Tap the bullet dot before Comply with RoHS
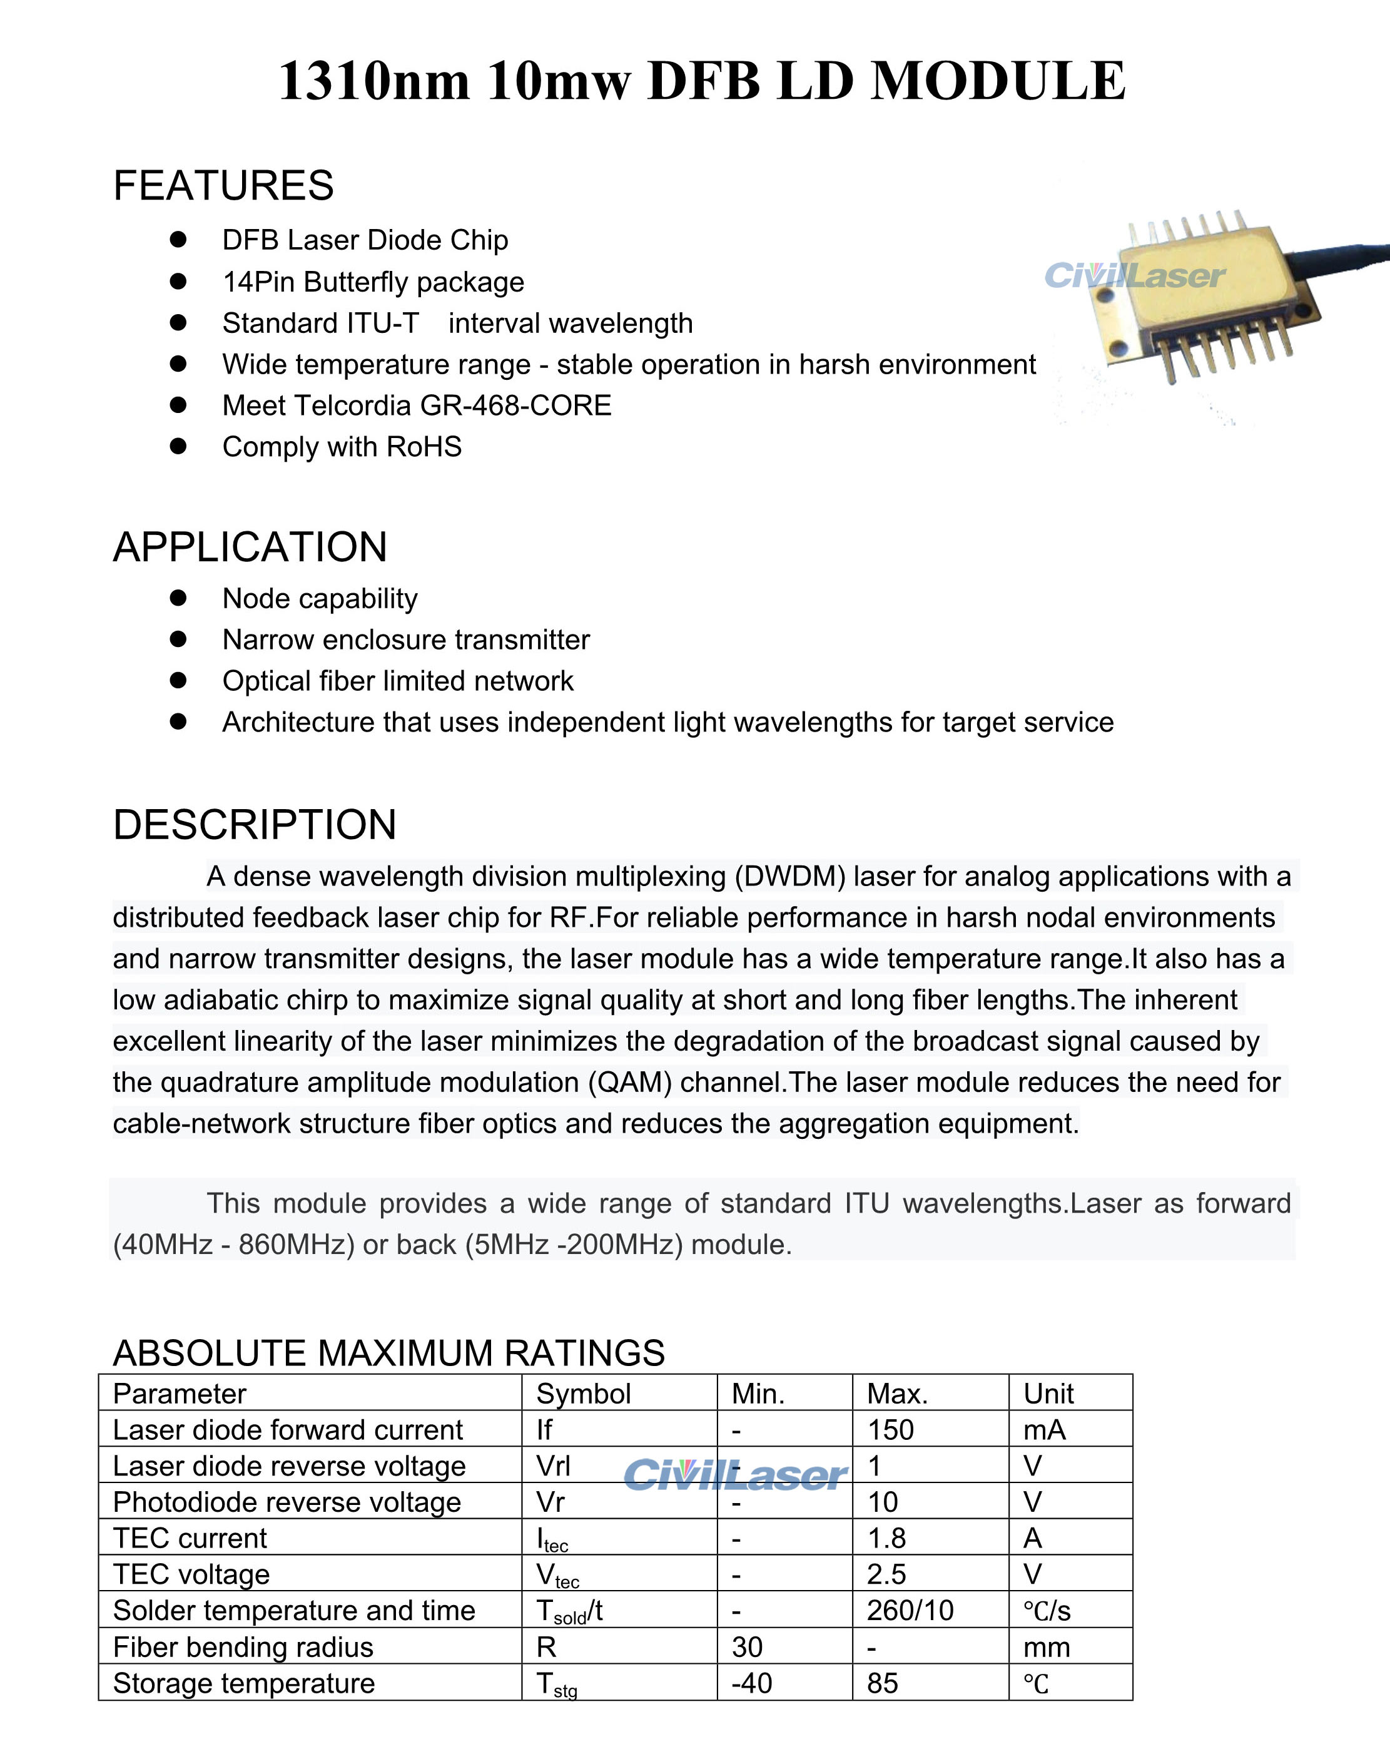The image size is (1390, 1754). (178, 446)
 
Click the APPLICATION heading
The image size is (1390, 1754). (250, 547)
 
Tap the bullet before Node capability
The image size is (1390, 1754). (178, 598)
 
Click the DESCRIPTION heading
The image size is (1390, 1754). (255, 825)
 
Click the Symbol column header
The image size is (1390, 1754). (583, 1394)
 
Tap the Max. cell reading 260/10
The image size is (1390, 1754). (910, 1610)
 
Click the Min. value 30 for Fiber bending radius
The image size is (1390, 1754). (747, 1646)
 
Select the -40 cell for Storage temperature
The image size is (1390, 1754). (751, 1683)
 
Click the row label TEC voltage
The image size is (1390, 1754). (191, 1574)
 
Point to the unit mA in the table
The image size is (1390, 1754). (1043, 1429)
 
